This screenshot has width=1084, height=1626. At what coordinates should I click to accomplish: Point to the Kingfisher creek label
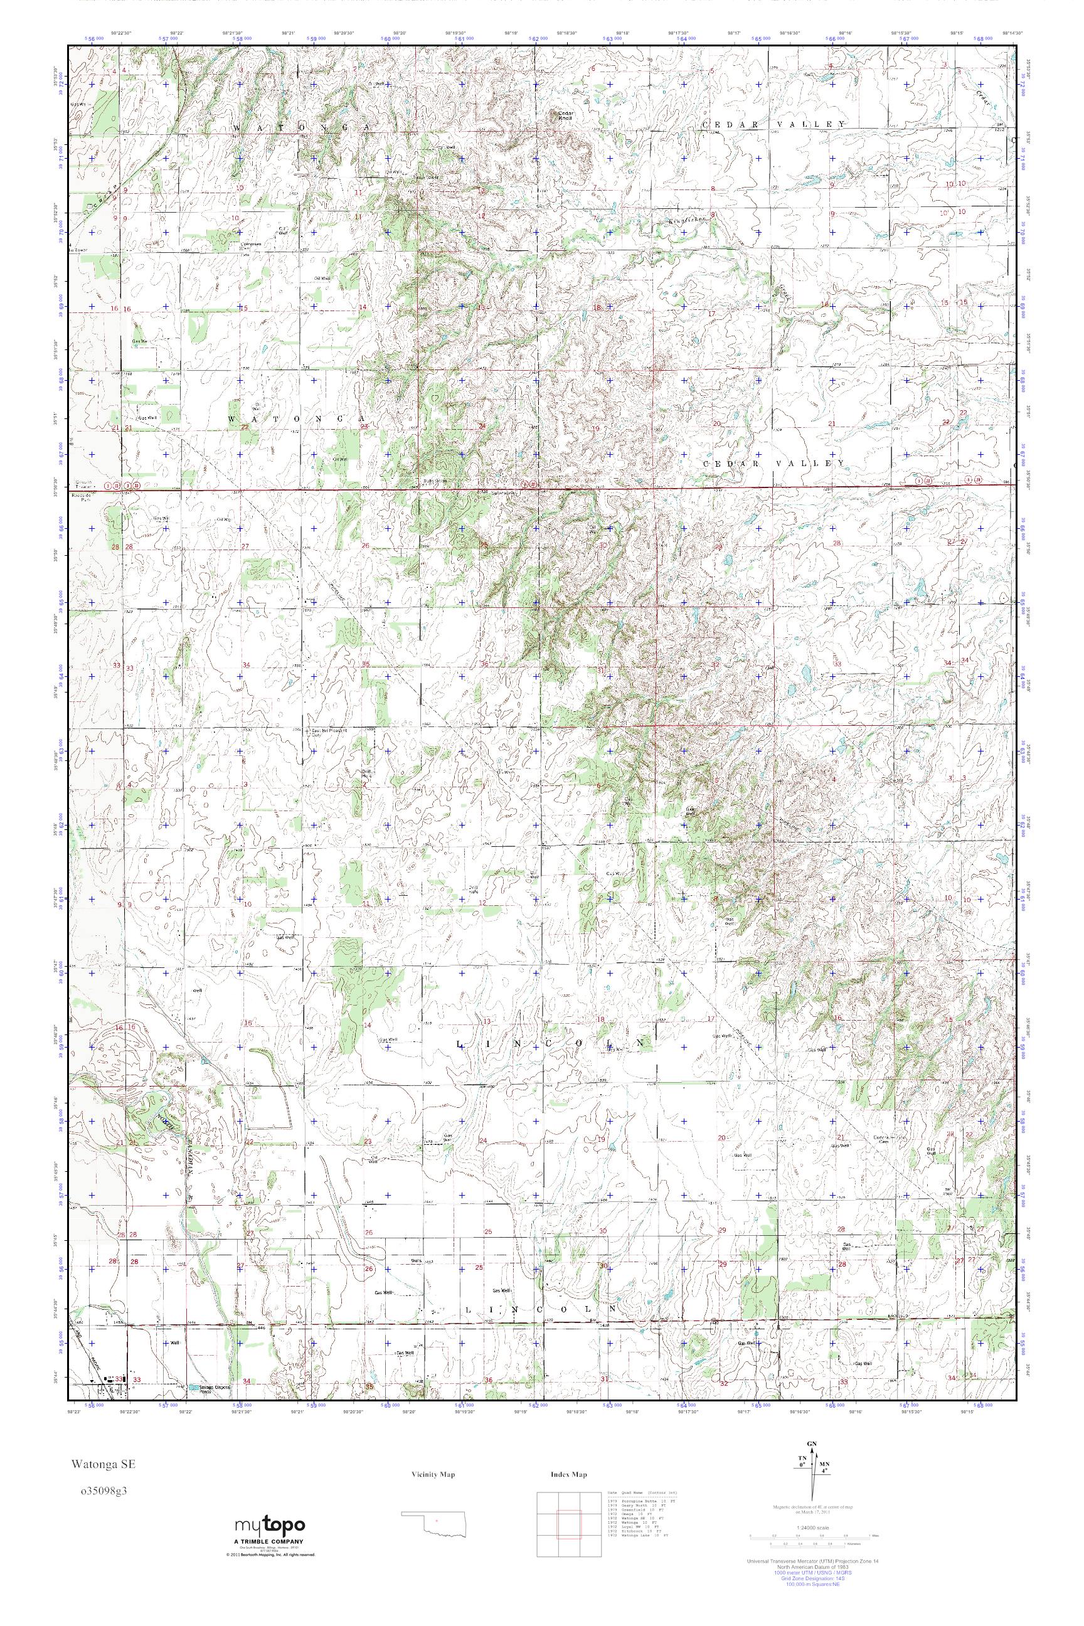tap(685, 219)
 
